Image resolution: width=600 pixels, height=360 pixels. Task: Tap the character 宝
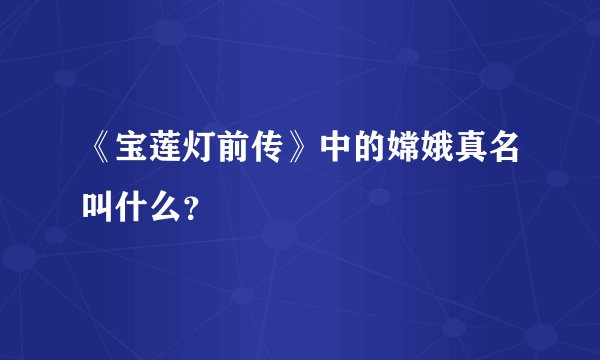click(133, 152)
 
